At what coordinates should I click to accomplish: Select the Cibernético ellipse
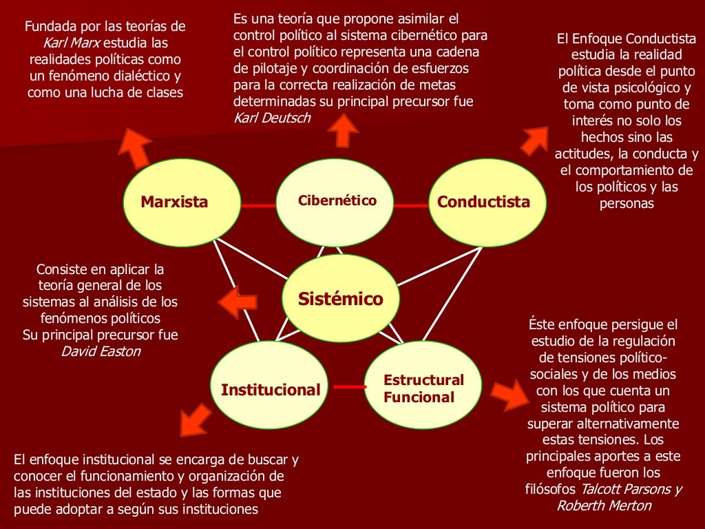(x=337, y=201)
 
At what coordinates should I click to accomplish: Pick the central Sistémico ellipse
(x=340, y=299)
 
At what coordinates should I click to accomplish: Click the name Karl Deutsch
(x=272, y=117)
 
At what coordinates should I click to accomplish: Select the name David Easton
(x=101, y=351)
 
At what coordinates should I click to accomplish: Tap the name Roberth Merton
(x=603, y=505)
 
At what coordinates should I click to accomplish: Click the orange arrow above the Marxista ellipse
(x=138, y=147)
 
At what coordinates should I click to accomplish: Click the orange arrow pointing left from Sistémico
(x=238, y=302)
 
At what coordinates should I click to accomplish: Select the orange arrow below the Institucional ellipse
(x=195, y=419)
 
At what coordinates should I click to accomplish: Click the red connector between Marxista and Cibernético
(x=258, y=205)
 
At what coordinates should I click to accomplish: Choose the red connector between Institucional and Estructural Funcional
(x=350, y=387)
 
